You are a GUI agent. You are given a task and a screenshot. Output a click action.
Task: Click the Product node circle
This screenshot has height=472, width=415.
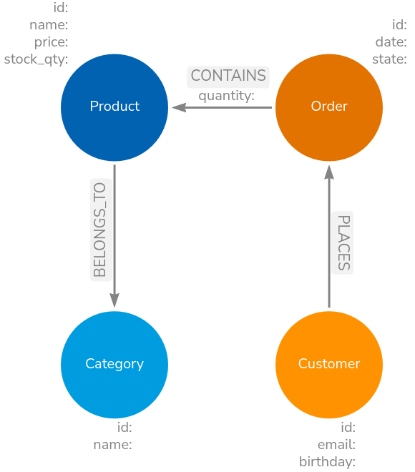114,107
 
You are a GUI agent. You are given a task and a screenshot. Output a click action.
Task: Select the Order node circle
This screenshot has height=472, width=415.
329,107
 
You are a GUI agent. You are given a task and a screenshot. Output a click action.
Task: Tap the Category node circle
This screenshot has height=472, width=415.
114,364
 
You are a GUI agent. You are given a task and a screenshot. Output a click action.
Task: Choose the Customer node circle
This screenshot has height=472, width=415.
329,364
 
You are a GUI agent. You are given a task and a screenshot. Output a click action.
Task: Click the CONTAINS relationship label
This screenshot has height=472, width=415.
228,76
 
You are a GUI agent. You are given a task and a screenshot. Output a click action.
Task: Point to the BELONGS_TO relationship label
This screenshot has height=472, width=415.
100,230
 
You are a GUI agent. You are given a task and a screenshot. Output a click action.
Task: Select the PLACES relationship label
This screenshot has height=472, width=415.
343,242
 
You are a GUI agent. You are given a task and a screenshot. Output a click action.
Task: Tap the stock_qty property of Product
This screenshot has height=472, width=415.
36,59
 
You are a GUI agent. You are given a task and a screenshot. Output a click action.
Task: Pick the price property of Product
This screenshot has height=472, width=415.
51,43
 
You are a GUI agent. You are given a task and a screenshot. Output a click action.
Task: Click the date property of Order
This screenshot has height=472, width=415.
391,43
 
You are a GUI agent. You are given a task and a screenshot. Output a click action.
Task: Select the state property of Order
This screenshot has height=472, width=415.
389,59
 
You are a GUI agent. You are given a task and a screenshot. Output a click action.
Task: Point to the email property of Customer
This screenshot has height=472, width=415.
336,445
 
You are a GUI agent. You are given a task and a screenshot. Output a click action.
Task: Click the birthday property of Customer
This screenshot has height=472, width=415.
327,461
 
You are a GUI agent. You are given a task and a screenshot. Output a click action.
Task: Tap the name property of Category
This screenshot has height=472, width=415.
112,445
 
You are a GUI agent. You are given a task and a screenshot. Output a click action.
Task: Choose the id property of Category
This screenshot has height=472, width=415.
125,428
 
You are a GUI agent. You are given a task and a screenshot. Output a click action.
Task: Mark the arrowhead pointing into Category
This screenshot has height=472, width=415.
114,301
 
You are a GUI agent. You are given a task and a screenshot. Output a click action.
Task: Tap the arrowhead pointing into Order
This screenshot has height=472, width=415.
329,171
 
